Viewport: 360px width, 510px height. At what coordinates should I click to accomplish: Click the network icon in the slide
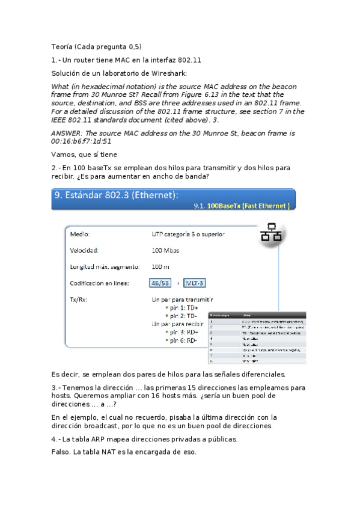click(x=271, y=233)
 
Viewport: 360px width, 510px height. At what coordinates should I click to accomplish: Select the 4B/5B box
click(x=160, y=283)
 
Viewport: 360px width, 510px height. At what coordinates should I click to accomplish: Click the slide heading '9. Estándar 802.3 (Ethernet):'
click(x=116, y=195)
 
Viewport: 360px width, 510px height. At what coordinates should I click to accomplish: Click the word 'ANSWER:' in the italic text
click(x=68, y=134)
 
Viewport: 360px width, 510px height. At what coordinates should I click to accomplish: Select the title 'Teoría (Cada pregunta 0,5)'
click(x=96, y=47)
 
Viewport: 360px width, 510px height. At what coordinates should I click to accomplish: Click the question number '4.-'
click(x=56, y=439)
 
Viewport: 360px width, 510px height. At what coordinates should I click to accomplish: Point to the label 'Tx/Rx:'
click(x=79, y=299)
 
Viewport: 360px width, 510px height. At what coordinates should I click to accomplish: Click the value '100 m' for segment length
click(x=161, y=266)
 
